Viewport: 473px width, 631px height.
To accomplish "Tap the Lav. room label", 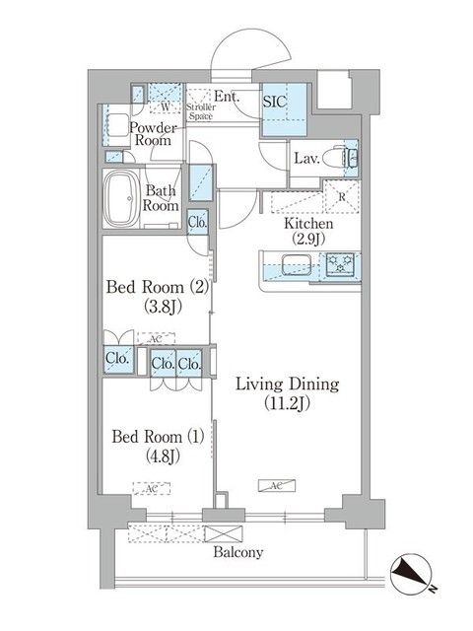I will pos(304,158).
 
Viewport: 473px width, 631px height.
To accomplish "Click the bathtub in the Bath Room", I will pos(123,200).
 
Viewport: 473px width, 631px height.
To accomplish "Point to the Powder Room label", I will pos(153,135).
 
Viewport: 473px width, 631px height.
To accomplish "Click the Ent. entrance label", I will pos(227,97).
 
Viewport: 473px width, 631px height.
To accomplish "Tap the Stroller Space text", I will pos(202,111).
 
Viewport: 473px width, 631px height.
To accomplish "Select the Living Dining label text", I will pos(287,393).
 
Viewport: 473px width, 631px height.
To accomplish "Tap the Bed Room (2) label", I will pos(158,296).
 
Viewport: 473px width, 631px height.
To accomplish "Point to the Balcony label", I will pos(237,553).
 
